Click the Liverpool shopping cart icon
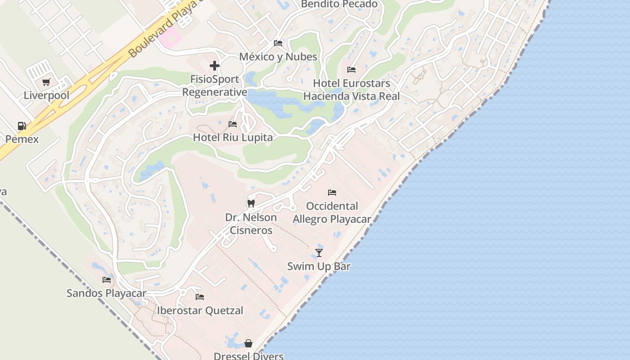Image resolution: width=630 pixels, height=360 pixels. [46, 82]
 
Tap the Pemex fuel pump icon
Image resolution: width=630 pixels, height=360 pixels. [22, 126]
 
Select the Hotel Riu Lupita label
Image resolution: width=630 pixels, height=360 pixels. [233, 137]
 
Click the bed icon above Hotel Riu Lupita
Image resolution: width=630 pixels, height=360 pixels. [233, 124]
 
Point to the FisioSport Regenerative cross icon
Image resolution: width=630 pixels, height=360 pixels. [215, 66]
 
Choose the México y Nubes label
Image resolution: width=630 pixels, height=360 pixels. [278, 57]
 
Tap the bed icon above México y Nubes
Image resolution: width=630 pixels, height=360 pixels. [278, 43]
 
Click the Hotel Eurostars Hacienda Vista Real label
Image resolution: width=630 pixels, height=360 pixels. [351, 90]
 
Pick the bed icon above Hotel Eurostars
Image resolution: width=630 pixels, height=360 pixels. [351, 70]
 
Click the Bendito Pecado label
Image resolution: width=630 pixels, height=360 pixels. [339, 4]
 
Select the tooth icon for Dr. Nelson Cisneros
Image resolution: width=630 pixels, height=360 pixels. [251, 203]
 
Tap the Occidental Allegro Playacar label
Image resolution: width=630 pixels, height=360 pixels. [332, 212]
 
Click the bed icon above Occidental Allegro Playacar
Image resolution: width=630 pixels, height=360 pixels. [332, 193]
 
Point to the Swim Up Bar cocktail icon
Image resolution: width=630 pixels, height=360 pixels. [319, 253]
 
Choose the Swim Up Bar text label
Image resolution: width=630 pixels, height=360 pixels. [319, 266]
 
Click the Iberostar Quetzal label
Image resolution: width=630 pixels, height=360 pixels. [200, 310]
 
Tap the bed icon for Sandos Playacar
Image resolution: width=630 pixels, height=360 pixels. [107, 280]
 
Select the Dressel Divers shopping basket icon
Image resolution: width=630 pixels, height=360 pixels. [248, 344]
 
